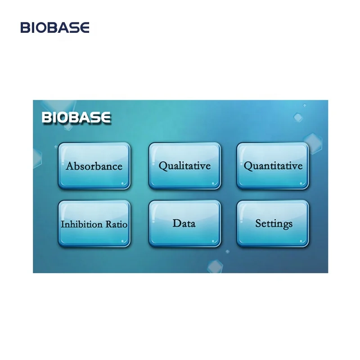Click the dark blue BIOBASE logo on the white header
[55, 28]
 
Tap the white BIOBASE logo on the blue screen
[76, 118]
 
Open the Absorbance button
[94, 166]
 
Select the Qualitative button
[184, 166]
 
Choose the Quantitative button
[273, 166]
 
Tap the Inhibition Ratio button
[94, 224]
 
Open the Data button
[184, 223]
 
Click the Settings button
[273, 223]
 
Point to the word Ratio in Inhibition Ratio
[116, 224]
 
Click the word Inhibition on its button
[82, 224]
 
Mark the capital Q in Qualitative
[162, 166]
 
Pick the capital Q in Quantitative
[247, 166]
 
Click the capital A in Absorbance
[69, 166]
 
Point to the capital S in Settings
[258, 223]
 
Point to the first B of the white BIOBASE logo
[46, 118]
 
